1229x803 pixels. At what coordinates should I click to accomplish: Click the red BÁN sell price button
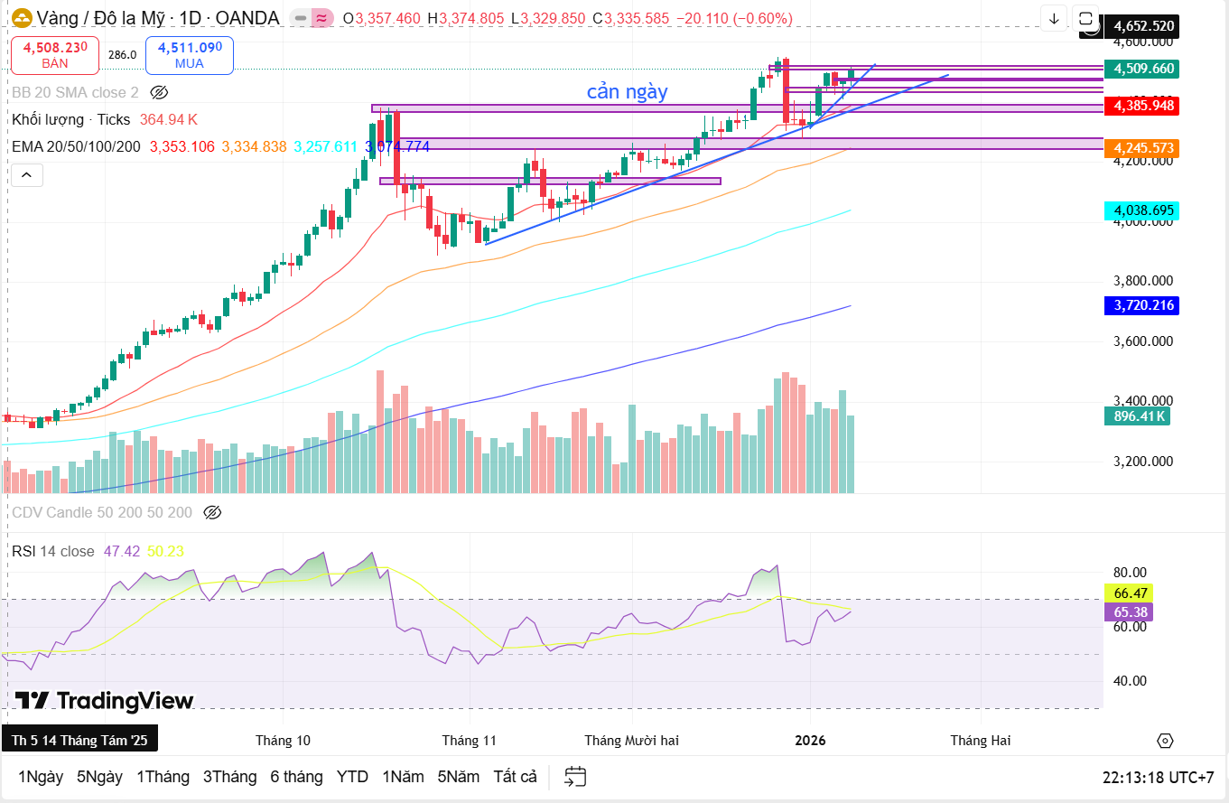55,55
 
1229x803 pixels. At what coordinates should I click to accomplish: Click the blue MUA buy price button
190,55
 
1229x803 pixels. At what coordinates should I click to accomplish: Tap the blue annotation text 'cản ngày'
627,92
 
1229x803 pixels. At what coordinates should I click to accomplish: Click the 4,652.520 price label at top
1143,26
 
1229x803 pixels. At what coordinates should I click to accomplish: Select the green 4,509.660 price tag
1143,69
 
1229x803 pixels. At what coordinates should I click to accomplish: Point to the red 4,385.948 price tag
1143,106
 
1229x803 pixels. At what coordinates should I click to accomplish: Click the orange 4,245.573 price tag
1143,147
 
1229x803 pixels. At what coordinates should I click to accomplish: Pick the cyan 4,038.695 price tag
1143,210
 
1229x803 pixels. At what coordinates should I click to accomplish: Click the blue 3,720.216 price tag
1143,305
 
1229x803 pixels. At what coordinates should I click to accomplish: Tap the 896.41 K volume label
1140,416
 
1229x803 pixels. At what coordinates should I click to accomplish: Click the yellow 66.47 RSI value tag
1130,593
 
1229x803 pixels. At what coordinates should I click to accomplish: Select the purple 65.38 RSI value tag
1130,612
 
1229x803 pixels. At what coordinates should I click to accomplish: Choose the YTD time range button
352,777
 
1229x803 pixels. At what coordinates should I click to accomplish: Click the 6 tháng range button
296,777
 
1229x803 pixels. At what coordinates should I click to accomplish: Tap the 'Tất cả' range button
515,777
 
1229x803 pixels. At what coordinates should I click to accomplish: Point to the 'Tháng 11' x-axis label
470,741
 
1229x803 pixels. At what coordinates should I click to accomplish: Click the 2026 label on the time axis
810,741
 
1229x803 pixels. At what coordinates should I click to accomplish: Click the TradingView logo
105,701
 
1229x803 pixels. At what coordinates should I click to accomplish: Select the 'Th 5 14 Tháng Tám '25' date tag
79,741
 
